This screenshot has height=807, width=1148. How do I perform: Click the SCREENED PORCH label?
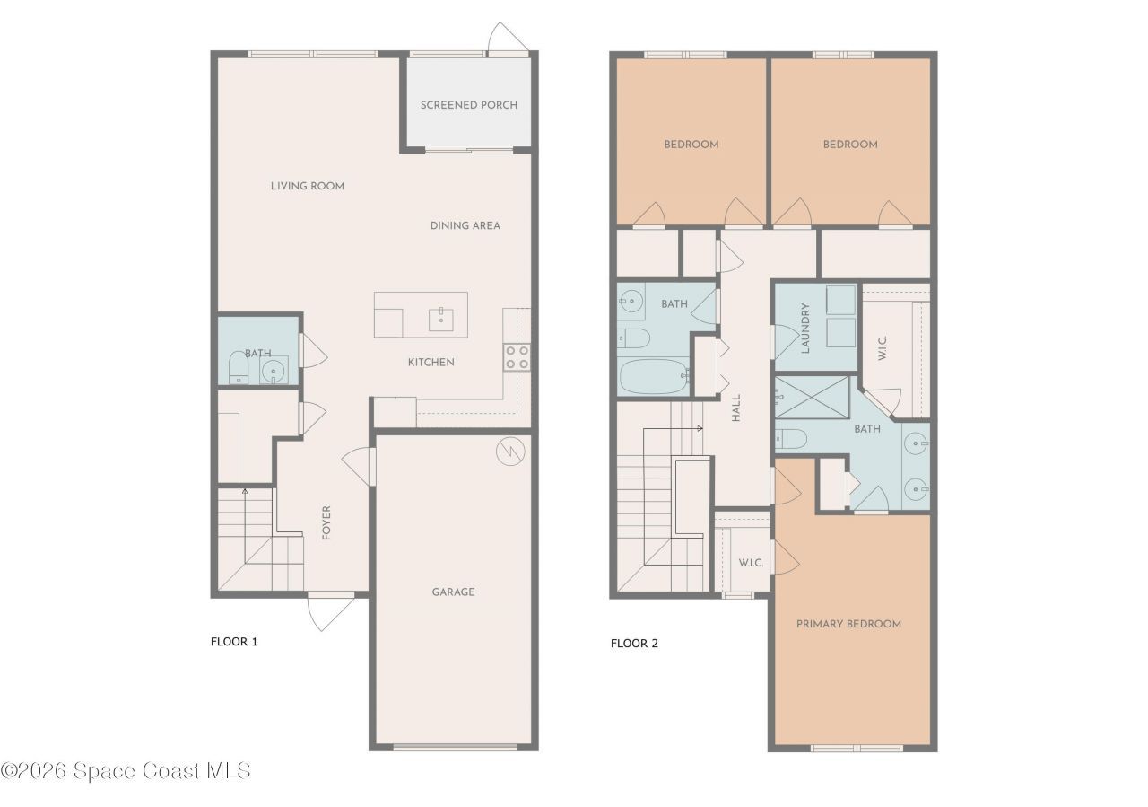click(x=468, y=105)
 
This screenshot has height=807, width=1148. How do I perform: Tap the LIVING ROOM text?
click(x=308, y=187)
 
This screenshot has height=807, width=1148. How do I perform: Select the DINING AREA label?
click(x=465, y=225)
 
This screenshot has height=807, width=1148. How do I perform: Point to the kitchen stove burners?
click(x=517, y=357)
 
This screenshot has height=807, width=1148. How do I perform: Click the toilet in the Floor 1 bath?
click(x=238, y=367)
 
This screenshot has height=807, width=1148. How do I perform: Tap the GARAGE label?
click(x=453, y=592)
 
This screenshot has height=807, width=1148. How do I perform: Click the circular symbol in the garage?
click(x=508, y=452)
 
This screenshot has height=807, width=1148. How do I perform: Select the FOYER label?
click(x=326, y=522)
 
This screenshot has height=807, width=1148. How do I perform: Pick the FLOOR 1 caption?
click(x=234, y=642)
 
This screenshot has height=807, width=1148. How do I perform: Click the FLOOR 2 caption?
click(x=634, y=644)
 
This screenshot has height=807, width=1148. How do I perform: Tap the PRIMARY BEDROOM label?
click(x=848, y=624)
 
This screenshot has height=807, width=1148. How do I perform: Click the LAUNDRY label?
click(x=805, y=328)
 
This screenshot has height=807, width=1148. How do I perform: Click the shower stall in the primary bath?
click(x=813, y=399)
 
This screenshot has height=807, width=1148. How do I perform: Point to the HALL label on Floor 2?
click(x=736, y=408)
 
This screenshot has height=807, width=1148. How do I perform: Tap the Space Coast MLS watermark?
click(x=126, y=771)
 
